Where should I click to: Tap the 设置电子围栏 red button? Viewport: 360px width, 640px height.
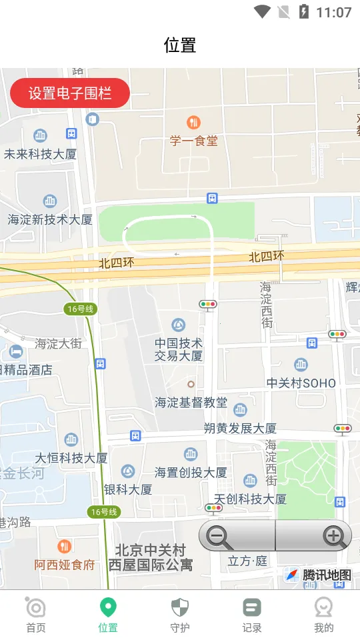point(70,93)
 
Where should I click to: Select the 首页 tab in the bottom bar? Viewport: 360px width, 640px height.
point(36,615)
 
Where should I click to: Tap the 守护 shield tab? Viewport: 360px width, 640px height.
point(180,615)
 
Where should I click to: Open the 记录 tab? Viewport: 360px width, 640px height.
point(252,615)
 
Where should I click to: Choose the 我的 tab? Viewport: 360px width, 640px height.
point(324,615)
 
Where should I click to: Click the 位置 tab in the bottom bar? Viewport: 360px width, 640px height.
point(108,615)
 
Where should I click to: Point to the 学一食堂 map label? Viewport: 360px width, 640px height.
point(193,141)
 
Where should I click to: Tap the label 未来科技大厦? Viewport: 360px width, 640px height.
point(41,154)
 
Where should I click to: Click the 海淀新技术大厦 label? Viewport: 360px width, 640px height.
point(50,219)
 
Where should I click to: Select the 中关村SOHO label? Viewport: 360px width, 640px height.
point(301,383)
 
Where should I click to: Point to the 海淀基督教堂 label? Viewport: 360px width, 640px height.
point(191,403)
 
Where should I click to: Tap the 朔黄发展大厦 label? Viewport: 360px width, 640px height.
point(240,428)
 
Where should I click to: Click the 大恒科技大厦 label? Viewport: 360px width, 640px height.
point(71,458)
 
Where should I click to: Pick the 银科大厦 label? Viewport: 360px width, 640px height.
point(128,489)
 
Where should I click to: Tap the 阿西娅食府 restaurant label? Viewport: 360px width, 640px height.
point(65,565)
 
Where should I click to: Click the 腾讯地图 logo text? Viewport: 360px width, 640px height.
point(327,575)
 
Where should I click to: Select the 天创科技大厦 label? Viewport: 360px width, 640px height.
point(250,499)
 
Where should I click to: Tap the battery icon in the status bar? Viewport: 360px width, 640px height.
point(304,12)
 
